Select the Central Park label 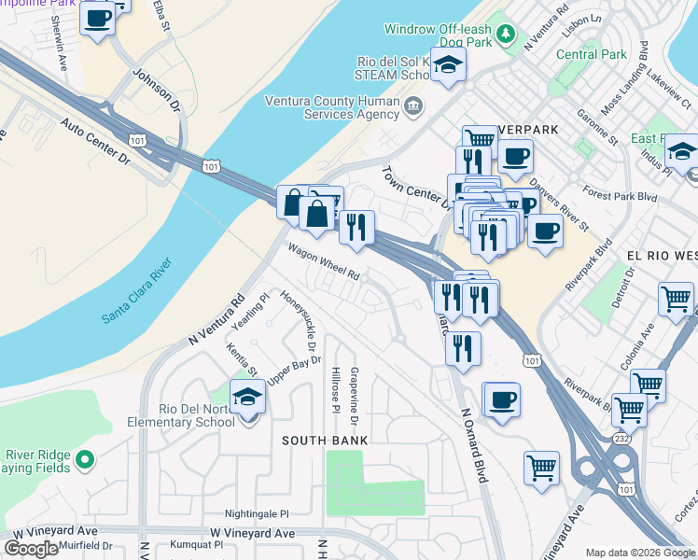coord(592,54)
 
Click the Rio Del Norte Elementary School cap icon coord(247,399)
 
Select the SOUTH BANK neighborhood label coord(326,440)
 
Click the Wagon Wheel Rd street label coord(324,262)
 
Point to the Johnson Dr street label coord(155,85)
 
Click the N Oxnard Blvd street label coord(473,444)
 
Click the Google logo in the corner coord(31,549)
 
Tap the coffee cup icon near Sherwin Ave coord(97,18)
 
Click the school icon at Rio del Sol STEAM coord(449,65)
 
